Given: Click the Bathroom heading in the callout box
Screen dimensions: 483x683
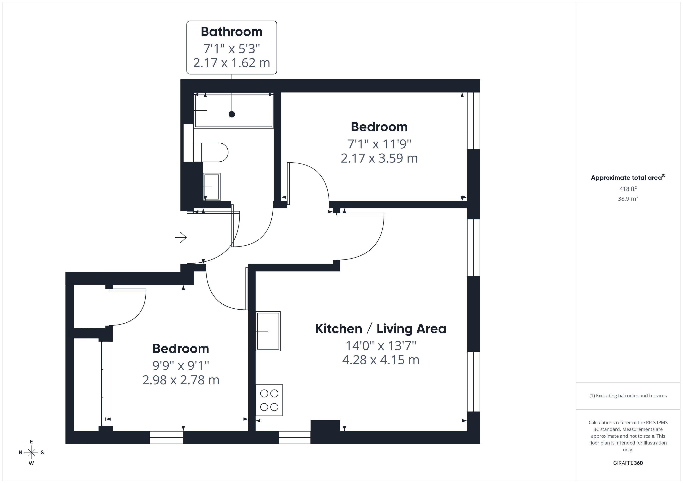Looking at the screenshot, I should [231, 32].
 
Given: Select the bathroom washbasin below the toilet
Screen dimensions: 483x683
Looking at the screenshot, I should [212, 187].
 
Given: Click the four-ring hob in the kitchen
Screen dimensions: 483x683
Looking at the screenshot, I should [269, 400].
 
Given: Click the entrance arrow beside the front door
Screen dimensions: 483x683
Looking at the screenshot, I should [181, 237].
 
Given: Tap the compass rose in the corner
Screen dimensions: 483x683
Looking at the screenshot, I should [31, 452].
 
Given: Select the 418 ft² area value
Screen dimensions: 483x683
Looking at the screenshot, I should [628, 189].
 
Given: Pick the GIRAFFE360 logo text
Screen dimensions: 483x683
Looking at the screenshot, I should [628, 463].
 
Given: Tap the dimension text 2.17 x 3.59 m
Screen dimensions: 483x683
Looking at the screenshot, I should [379, 158].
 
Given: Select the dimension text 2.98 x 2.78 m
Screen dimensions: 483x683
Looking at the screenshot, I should [181, 380].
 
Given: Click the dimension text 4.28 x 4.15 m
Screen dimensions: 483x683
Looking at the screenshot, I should [380, 360].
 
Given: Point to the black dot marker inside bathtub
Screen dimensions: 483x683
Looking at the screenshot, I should [232, 114].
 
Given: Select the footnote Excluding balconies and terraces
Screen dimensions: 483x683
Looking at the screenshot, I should [628, 396].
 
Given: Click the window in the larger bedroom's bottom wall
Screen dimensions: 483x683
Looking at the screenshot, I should [166, 438].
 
